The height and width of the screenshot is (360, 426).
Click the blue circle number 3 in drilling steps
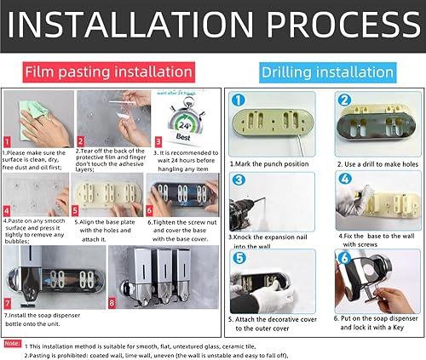tap(239, 180)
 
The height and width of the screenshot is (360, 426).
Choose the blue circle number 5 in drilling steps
tap(239, 257)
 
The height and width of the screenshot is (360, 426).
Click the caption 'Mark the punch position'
tap(272, 161)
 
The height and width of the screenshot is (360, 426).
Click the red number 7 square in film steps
tap(8, 302)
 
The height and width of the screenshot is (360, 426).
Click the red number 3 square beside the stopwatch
tap(158, 142)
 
